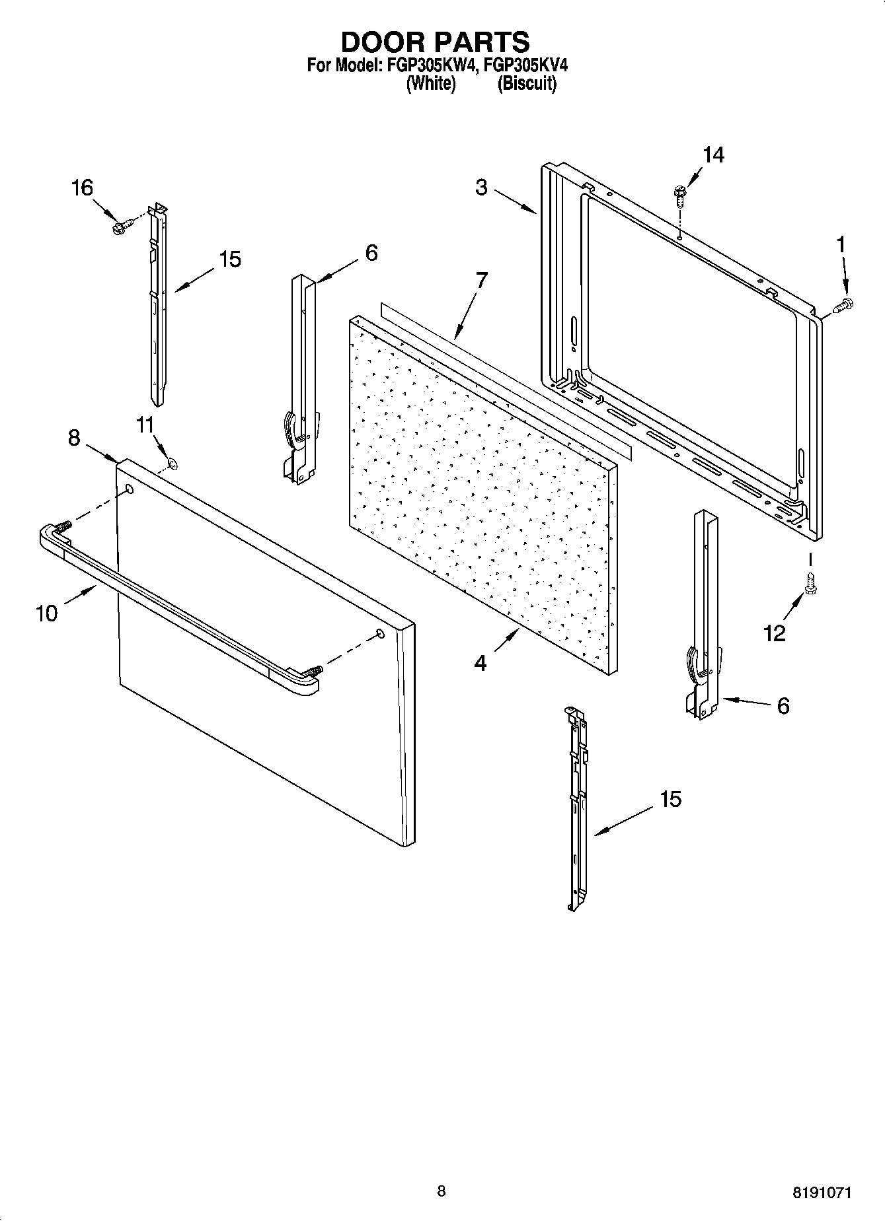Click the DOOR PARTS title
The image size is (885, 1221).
(435, 42)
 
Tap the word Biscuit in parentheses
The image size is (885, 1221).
(526, 84)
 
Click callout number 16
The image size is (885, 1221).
(82, 188)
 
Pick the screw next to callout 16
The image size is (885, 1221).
(120, 227)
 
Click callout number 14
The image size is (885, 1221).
(712, 155)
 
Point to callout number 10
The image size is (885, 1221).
(47, 613)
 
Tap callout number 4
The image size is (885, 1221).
(481, 662)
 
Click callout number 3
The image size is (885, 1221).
(481, 188)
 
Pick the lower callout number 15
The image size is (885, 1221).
(670, 799)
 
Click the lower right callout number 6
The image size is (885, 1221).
(783, 706)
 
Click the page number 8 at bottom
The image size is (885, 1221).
(441, 1191)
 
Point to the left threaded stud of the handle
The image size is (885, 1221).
(63, 526)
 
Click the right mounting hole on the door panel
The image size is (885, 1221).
(380, 634)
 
